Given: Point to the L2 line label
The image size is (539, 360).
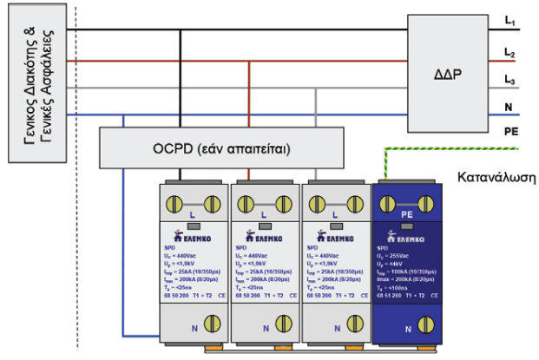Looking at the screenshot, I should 510,54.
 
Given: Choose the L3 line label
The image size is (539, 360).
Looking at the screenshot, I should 510,81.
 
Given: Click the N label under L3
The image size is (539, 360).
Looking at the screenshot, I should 510,108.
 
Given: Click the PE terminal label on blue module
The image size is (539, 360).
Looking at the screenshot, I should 404,213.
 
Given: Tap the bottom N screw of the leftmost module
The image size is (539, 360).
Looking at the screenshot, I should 209,328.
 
